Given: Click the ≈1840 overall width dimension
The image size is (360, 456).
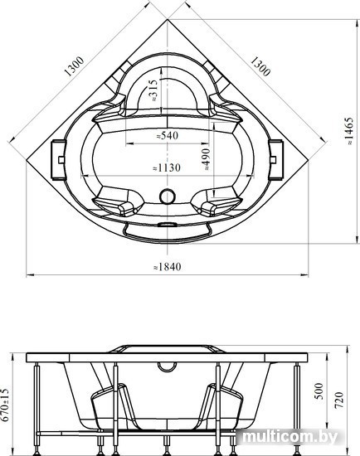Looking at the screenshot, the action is click(x=168, y=266).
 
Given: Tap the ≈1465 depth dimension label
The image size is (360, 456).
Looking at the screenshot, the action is click(x=348, y=131).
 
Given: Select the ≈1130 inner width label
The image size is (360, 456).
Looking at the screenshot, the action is click(x=167, y=167).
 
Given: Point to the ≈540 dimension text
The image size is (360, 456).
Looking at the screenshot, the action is click(x=167, y=135).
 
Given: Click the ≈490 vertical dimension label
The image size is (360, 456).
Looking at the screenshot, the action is click(x=206, y=159).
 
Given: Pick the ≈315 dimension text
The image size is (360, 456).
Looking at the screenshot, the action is click(x=153, y=90).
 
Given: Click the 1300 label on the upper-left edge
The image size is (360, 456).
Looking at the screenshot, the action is click(x=74, y=66).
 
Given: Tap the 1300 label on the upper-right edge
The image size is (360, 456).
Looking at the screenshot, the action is click(x=260, y=66).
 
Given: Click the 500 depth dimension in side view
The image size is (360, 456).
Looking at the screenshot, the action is click(x=319, y=391).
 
